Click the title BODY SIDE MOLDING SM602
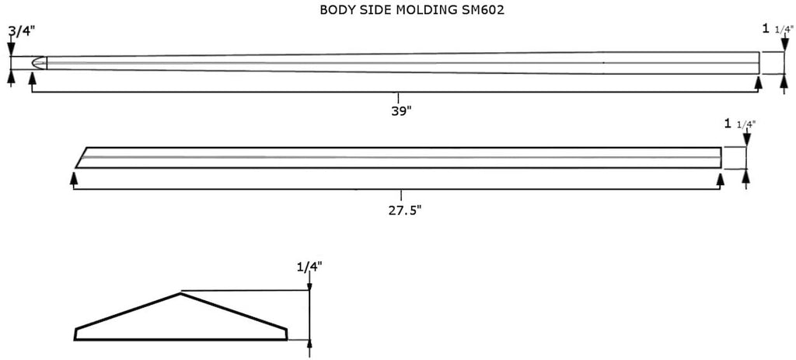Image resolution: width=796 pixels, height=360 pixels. pyautogui.click(x=412, y=10)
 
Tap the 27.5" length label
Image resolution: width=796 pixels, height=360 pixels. pyautogui.click(x=404, y=210)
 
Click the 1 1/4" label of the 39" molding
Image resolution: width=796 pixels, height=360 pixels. pyautogui.click(x=777, y=29)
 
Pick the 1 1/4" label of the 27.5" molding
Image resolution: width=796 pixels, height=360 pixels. pyautogui.click(x=740, y=124)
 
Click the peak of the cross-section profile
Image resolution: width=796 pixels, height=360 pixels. pyautogui.click(x=180, y=293)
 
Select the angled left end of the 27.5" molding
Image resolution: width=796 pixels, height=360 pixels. pyautogui.click(x=81, y=157)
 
